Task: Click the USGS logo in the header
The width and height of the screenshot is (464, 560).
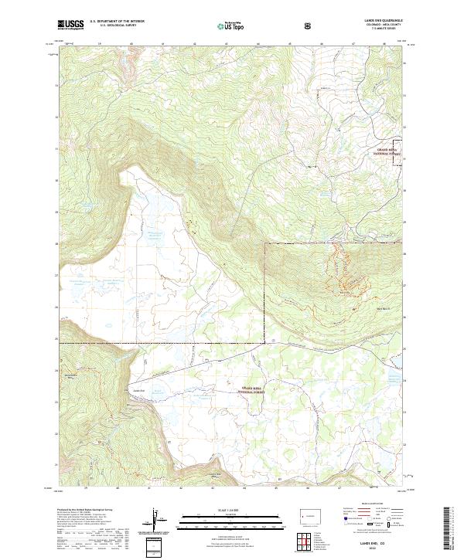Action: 71,25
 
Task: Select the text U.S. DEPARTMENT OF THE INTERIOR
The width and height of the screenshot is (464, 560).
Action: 117,22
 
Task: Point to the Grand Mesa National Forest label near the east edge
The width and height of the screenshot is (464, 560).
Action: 391,151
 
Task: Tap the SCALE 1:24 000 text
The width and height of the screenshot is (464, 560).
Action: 231,509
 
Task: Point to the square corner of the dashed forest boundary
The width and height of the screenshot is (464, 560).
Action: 265,244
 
